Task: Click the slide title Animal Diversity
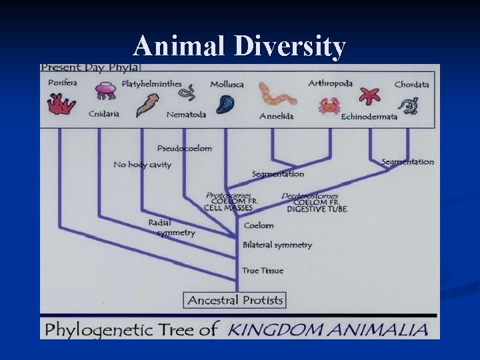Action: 239,47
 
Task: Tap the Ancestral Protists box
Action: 235,300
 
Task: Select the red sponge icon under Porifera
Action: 61,103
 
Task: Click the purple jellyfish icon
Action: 105,91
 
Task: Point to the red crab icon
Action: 328,105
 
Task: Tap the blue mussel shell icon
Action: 225,104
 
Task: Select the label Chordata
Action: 411,85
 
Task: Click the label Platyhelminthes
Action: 151,84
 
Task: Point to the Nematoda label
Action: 186,114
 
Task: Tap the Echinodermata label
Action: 369,117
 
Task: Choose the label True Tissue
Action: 263,271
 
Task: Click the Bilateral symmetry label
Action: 277,245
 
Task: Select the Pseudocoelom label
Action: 184,148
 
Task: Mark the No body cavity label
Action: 142,165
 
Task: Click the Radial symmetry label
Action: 172,227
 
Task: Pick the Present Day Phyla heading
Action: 89,67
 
